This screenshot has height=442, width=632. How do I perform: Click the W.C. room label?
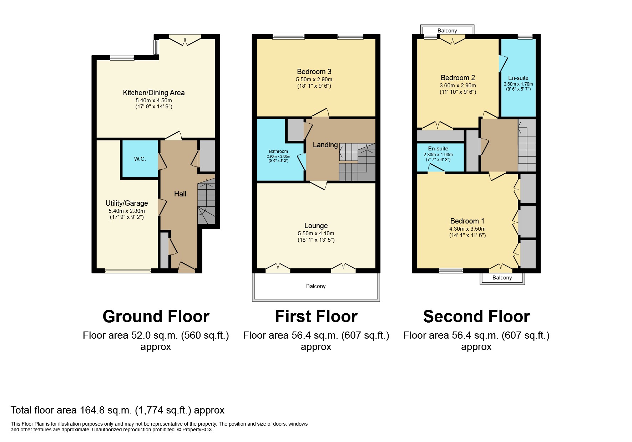point(140,159)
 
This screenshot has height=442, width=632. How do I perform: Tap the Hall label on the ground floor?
point(180,194)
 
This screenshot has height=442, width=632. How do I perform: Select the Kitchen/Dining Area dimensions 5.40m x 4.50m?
point(153,101)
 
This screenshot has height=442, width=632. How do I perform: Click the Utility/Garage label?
point(127,203)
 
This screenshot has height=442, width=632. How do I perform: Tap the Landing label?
point(325,145)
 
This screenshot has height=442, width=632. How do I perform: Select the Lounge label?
point(316,226)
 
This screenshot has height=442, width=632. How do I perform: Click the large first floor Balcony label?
point(316,286)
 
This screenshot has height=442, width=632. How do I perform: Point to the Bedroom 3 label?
point(314,72)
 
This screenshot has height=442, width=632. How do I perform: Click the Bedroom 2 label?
point(457,78)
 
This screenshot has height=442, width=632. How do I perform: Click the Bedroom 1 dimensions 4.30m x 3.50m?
point(467,229)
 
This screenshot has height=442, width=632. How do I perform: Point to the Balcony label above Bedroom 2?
point(447,31)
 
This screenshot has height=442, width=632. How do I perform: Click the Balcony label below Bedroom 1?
point(502,278)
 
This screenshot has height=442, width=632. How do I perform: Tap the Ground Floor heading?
point(156,317)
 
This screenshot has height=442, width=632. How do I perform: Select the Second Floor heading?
point(476,317)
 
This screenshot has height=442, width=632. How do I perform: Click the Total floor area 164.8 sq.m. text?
point(117,410)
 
